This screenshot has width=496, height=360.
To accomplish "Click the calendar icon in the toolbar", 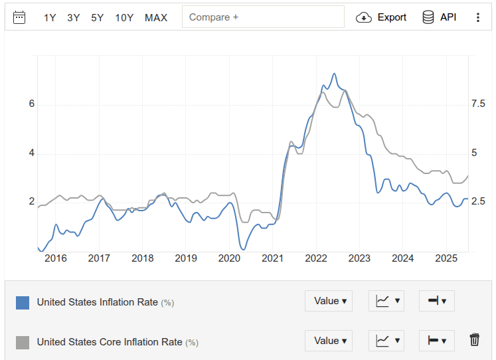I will [x=19, y=17].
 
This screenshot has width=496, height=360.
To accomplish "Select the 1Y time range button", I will [x=50, y=17].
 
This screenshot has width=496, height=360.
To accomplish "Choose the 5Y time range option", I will [x=97, y=17].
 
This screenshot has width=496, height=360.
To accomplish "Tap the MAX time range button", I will [x=156, y=17].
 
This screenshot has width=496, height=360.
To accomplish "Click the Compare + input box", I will [x=264, y=17].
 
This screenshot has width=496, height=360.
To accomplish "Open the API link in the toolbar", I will [x=440, y=17].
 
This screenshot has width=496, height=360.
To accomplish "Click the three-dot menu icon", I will [x=477, y=17].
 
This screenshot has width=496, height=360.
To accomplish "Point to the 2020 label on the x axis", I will [x=229, y=258].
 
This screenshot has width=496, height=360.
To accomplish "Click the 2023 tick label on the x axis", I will [x=359, y=258].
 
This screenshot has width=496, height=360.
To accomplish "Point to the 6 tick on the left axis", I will [x=31, y=104].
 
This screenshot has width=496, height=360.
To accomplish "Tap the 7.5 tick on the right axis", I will [x=478, y=104].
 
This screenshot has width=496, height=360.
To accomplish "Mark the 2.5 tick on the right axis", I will [x=478, y=201].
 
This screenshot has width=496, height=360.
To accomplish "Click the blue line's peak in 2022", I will [x=334, y=74].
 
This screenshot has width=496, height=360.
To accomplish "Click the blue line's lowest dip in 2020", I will [x=243, y=249].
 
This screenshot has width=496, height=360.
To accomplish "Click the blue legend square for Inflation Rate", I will [x=23, y=303].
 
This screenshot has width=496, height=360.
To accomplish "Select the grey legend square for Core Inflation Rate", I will [x=23, y=343].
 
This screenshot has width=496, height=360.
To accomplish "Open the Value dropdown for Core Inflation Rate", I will [x=328, y=341].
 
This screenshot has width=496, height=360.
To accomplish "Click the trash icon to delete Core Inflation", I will [x=474, y=340].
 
